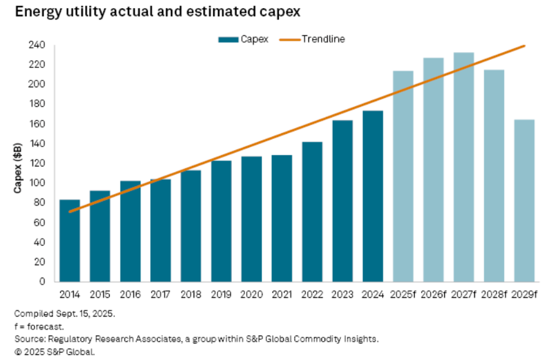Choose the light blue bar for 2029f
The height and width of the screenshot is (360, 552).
[x=524, y=200]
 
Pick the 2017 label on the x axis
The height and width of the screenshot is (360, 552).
[x=161, y=295]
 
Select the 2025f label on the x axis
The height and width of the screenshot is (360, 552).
[x=403, y=295]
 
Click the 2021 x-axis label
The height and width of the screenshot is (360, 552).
[x=282, y=295]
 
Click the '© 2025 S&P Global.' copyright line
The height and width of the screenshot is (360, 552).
[x=55, y=351]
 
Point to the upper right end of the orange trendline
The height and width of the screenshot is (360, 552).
[x=524, y=46]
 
